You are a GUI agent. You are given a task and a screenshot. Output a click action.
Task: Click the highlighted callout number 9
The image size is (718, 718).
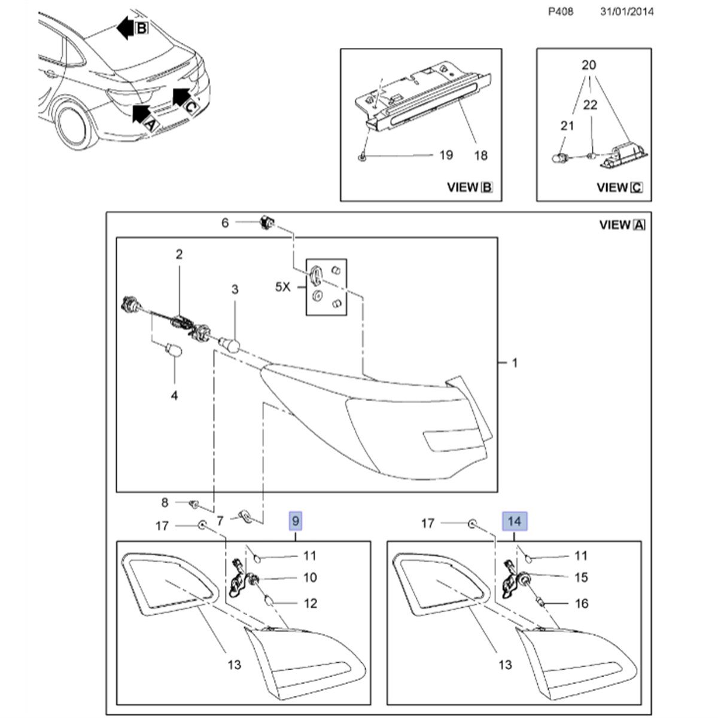pos(296,522)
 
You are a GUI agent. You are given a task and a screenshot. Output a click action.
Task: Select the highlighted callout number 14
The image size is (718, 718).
pos(515,522)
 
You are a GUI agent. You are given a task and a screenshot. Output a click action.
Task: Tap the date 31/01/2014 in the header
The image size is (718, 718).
pos(627,11)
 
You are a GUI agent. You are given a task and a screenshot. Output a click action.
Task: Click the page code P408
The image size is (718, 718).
pos(561,11)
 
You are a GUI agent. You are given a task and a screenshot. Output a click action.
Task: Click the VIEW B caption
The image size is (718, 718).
pos(470,187)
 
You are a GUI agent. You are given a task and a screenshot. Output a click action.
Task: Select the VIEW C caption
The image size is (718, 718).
pos(619,187)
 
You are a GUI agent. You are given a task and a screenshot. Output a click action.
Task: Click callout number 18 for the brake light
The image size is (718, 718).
pos(480,155)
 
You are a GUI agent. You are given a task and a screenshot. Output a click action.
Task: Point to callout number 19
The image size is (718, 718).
pos(445,155)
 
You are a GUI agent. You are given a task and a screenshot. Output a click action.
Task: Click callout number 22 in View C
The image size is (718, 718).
pos(591,105)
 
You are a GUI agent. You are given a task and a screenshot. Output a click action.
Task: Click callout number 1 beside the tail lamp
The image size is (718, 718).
pos(515,363)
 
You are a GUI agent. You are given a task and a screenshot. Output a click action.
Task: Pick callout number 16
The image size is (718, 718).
pos(582,603)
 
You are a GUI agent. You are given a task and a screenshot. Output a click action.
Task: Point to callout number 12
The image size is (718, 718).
pos(311,603)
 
